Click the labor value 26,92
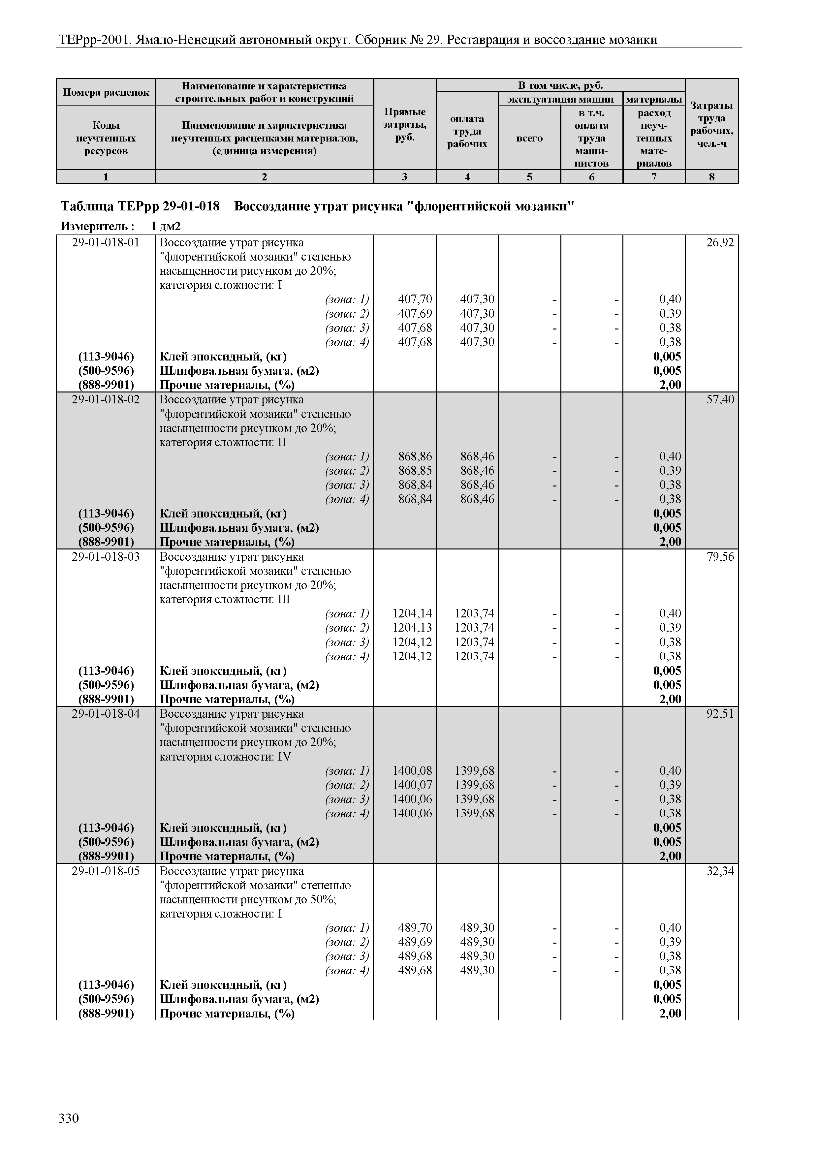720,243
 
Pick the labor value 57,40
720,400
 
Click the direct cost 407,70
415,299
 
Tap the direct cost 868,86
415,456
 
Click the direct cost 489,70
415,928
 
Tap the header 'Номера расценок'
106,92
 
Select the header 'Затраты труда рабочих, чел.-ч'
712,124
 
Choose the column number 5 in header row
529,177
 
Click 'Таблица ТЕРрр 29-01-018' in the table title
140,206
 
